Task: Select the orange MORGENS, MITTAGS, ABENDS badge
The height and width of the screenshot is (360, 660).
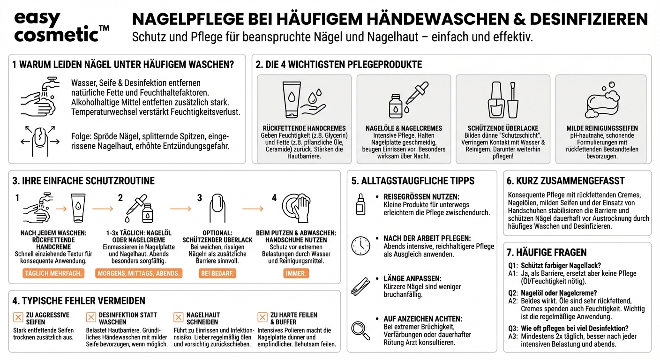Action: click(x=139, y=273)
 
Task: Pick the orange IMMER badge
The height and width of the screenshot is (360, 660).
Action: click(x=296, y=273)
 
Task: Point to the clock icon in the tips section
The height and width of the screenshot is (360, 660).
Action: click(x=360, y=245)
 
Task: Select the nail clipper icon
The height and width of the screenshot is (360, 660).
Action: click(x=360, y=286)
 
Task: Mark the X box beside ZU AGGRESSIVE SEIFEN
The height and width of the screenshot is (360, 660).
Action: click(x=18, y=318)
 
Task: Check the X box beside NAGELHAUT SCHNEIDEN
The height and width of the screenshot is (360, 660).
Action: click(x=179, y=318)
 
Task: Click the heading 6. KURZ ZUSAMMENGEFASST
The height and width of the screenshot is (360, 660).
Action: click(x=566, y=180)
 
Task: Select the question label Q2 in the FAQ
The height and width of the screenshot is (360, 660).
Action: click(x=513, y=293)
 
